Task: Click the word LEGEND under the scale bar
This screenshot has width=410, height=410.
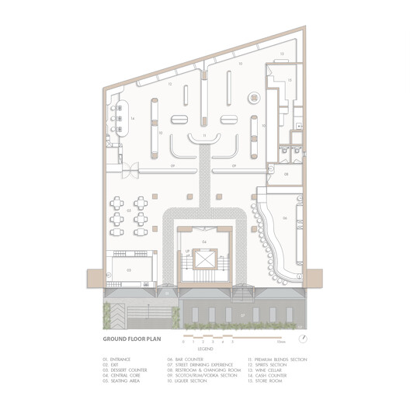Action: point(204,349)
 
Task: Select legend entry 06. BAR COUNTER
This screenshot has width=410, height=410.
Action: point(186,360)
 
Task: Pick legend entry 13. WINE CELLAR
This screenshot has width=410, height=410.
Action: point(266,370)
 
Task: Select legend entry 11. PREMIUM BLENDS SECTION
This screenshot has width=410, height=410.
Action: point(277,360)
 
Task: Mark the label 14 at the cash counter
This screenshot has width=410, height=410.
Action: point(134,116)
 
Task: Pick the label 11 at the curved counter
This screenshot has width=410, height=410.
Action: point(205,135)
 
